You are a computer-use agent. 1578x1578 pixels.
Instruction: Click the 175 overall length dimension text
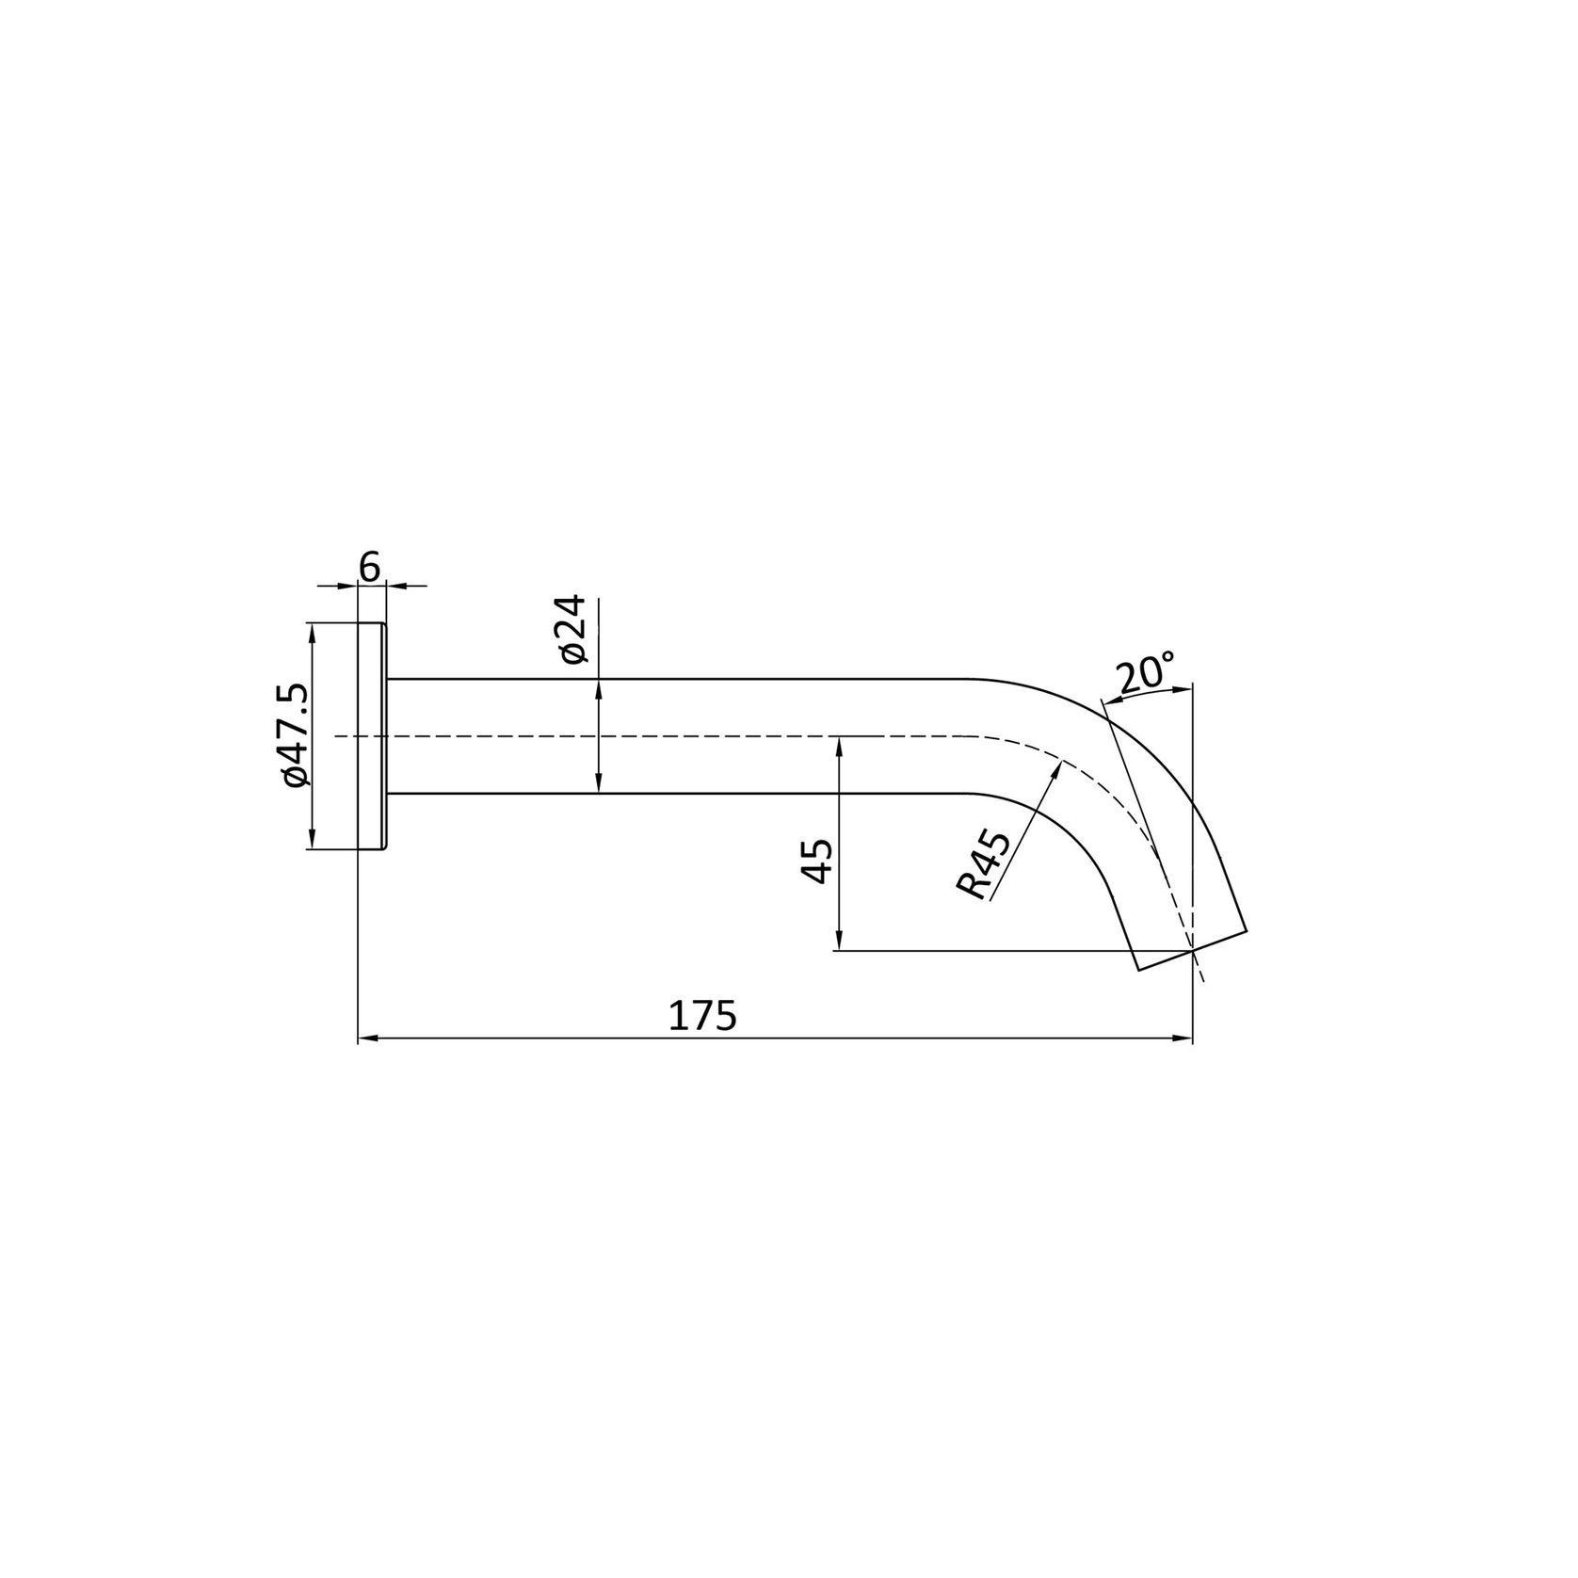[x=701, y=1017]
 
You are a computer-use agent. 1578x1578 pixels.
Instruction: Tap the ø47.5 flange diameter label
[x=294, y=735]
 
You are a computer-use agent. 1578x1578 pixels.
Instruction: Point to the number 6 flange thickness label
[x=370, y=568]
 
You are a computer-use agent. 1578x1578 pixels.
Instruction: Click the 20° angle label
[x=1145, y=674]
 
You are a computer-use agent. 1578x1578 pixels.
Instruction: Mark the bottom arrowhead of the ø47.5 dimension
[x=311, y=843]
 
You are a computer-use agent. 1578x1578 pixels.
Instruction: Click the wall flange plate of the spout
[x=373, y=735]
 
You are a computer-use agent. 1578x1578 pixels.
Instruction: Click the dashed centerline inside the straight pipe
[x=659, y=735]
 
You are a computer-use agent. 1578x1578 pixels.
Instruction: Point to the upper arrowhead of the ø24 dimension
[x=599, y=686]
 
